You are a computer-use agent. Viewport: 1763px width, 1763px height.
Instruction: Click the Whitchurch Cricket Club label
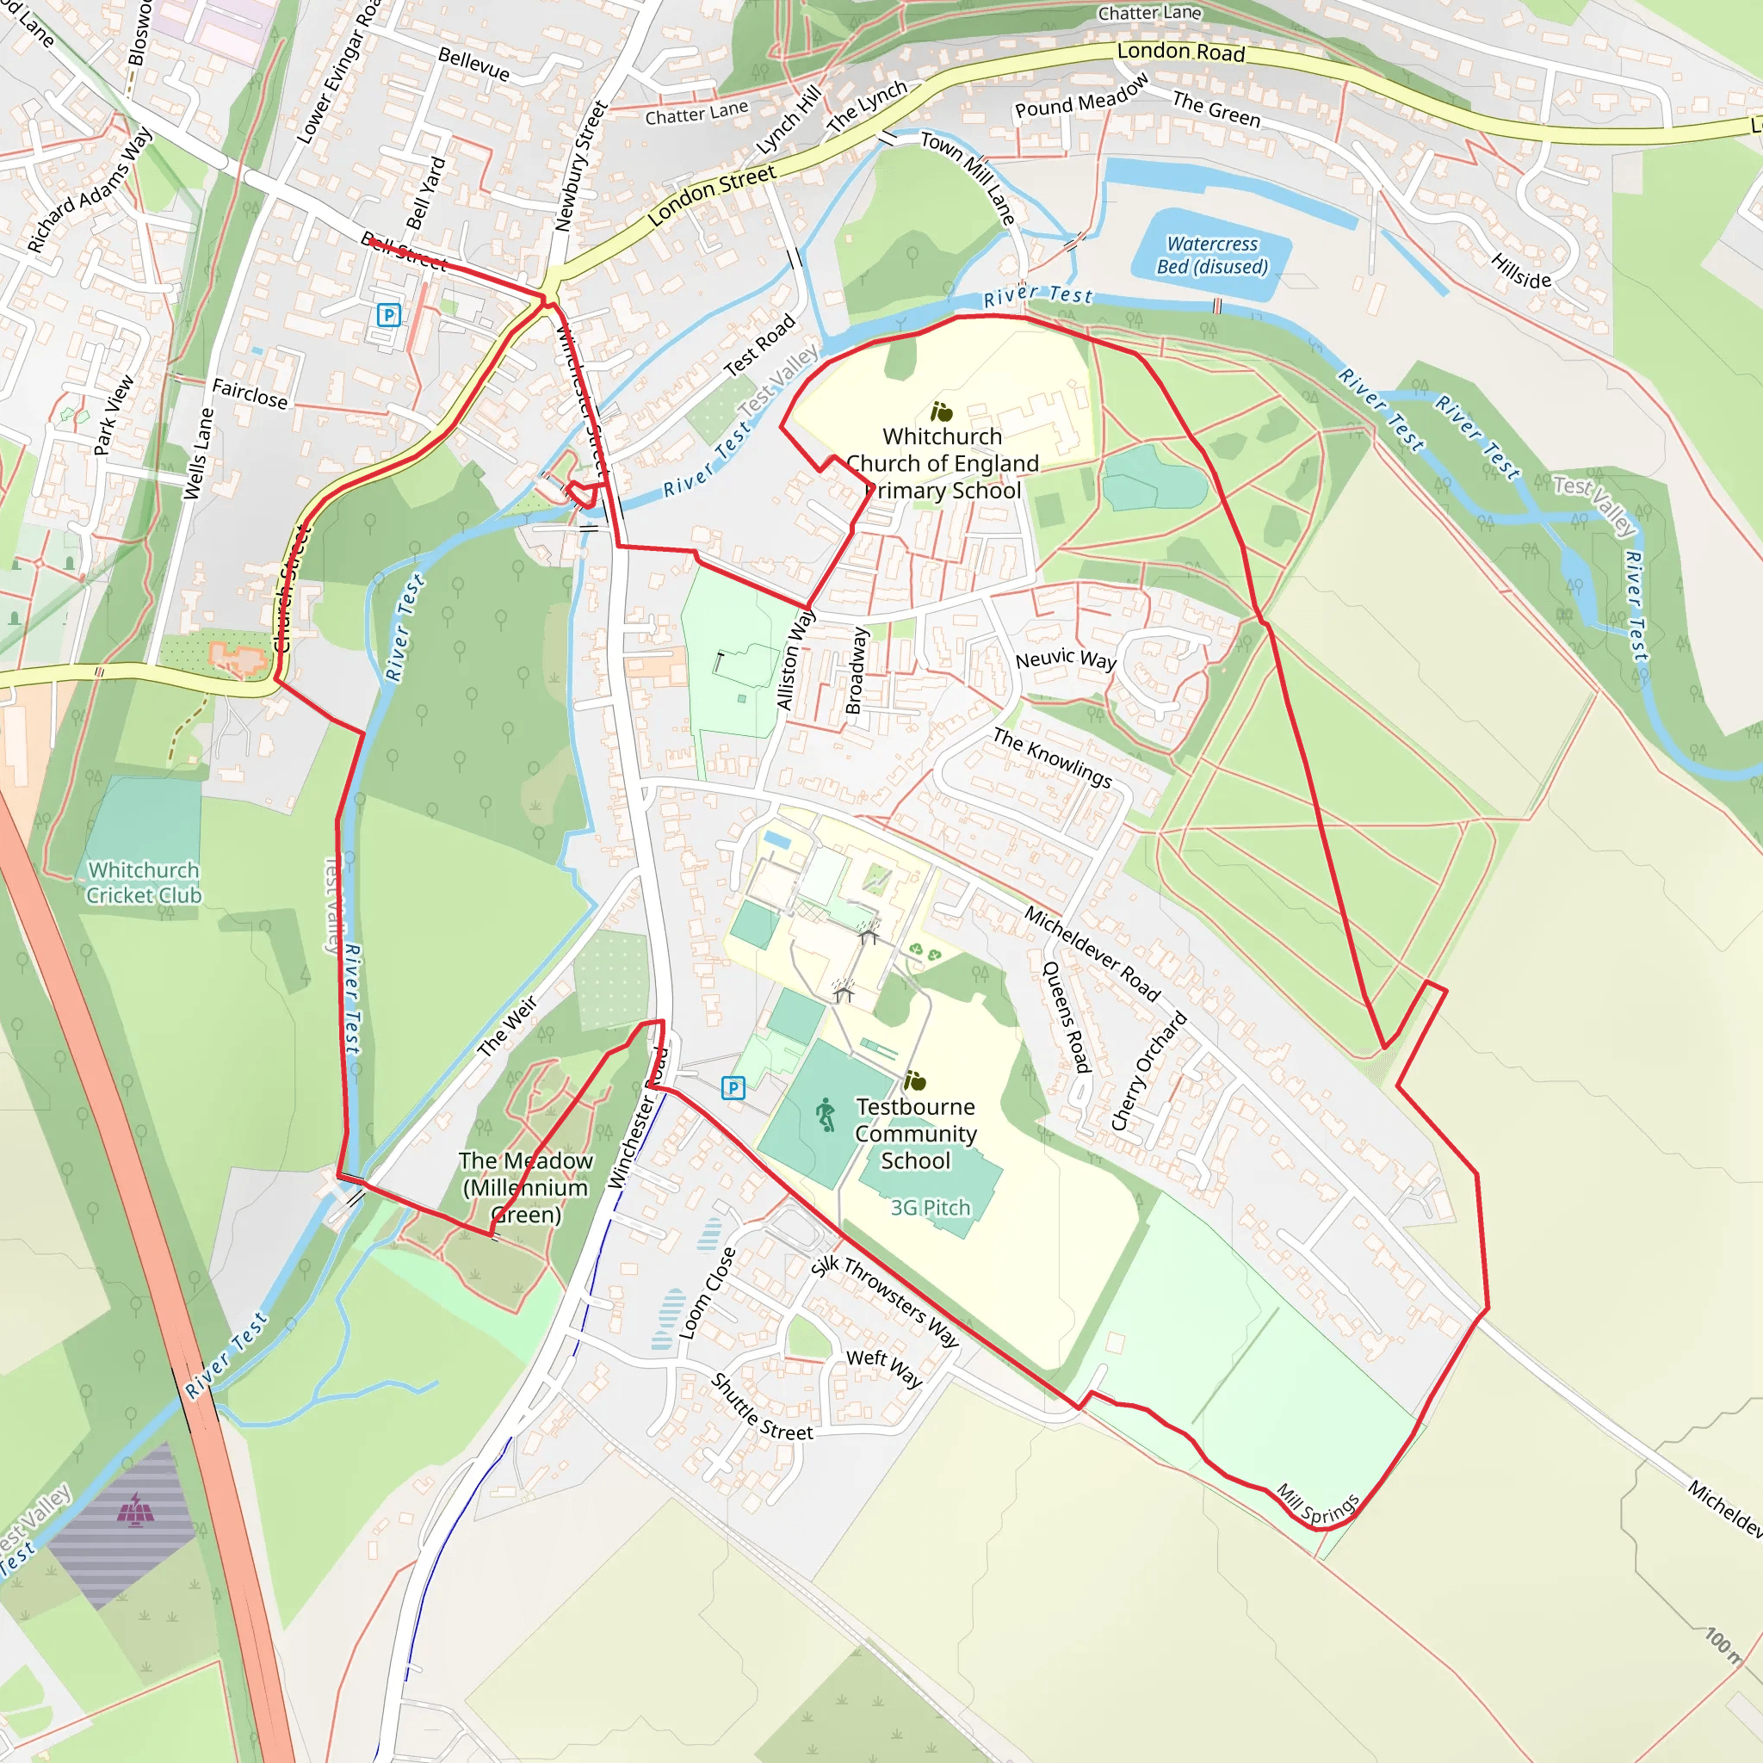[143, 882]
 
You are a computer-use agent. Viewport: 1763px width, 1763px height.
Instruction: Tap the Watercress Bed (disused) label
[1212, 256]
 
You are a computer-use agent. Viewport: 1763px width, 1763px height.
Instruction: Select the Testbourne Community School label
[915, 1134]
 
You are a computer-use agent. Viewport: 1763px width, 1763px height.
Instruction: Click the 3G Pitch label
[930, 1207]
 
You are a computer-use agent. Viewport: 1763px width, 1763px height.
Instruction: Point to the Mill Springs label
[1317, 1505]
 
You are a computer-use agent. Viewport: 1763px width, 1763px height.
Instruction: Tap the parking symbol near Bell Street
[389, 316]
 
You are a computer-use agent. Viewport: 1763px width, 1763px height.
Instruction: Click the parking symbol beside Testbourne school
[733, 1088]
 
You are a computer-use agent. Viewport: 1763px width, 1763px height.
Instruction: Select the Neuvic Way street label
[1066, 659]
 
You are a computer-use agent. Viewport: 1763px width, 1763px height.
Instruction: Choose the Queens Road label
[1067, 1018]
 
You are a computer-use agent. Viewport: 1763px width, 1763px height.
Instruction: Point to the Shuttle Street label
[761, 1408]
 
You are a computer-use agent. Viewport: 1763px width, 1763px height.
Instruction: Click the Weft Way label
[883, 1368]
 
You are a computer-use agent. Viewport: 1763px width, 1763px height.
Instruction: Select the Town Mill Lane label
[968, 177]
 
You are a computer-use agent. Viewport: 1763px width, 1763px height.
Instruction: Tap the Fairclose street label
[249, 394]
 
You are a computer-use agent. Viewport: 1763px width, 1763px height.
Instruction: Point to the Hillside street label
[1521, 271]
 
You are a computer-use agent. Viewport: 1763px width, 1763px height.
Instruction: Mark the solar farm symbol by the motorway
[135, 1510]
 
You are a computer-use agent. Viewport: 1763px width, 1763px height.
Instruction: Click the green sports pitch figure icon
[826, 1114]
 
